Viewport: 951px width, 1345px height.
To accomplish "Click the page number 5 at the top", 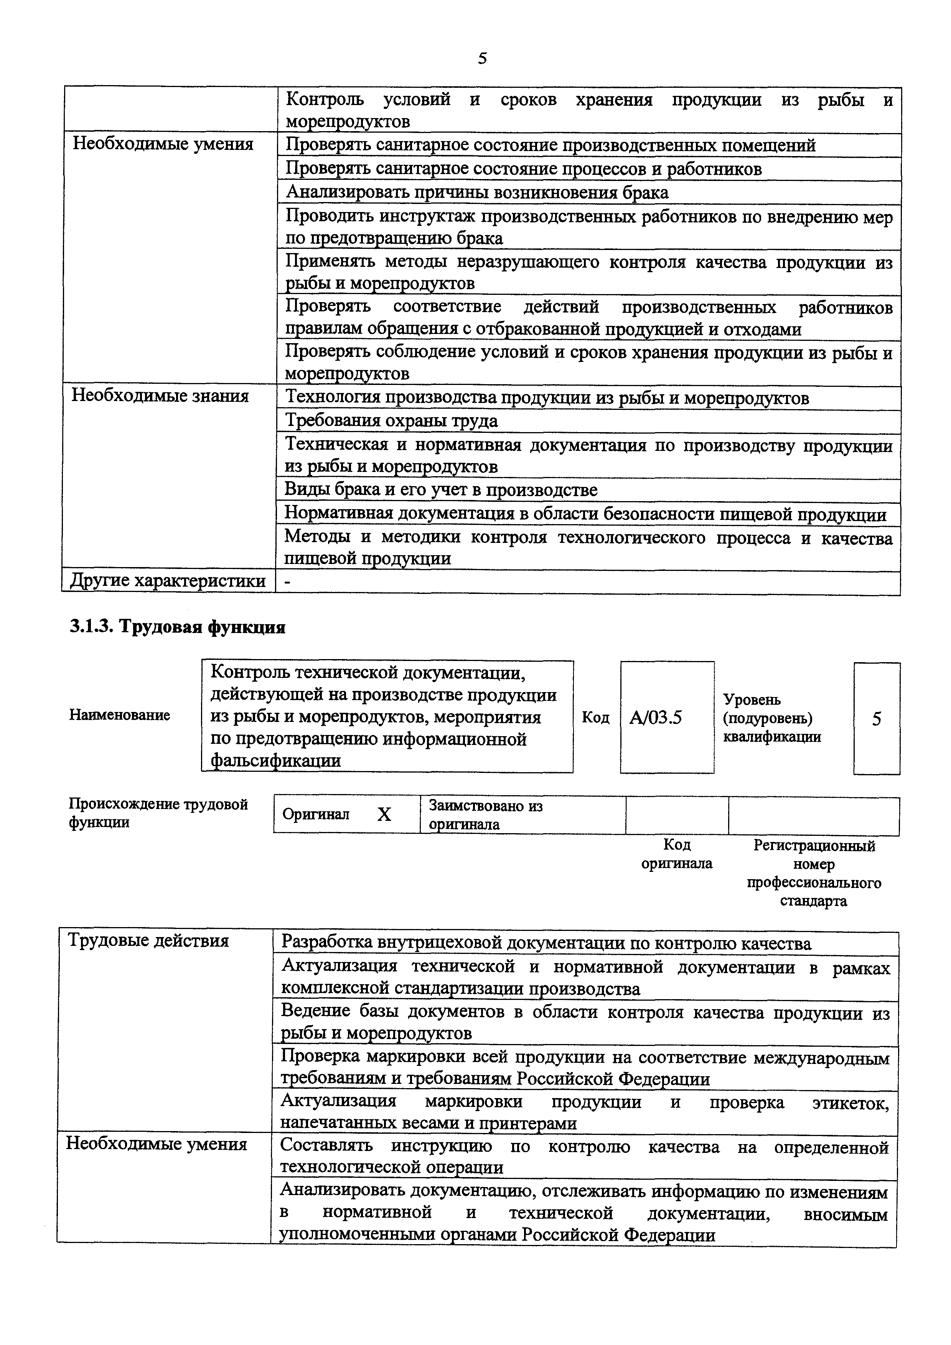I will (482, 59).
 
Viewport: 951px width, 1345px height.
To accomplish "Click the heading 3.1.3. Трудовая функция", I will (178, 627).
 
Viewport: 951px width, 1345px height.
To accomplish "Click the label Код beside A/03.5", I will (595, 718).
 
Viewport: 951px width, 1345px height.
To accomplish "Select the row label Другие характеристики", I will (168, 581).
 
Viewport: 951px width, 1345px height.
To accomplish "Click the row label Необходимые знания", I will (161, 396).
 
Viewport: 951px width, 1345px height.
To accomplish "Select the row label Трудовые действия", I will (148, 941).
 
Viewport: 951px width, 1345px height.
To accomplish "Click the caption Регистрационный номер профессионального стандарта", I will (814, 873).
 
